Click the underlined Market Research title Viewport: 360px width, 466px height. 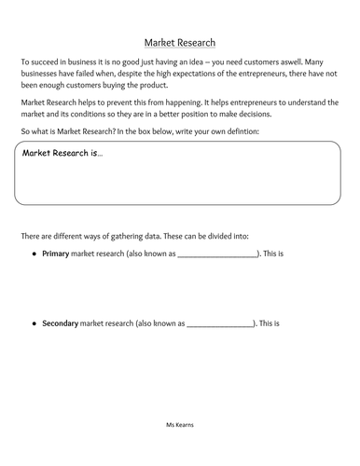[180, 42]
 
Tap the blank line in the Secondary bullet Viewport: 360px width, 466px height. [220, 326]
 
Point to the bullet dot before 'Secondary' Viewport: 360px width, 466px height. [34, 323]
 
